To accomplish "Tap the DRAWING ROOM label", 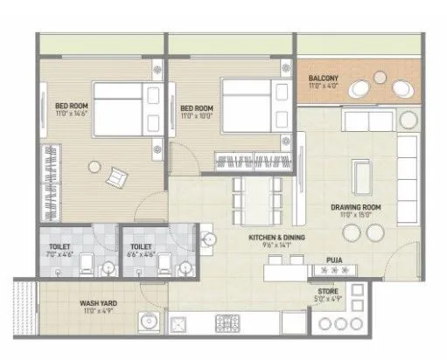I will click(353, 206).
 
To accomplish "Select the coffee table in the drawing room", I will click(360, 179).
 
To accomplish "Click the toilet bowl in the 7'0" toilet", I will click(105, 268).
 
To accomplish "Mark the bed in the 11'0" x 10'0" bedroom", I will click(246, 105).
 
